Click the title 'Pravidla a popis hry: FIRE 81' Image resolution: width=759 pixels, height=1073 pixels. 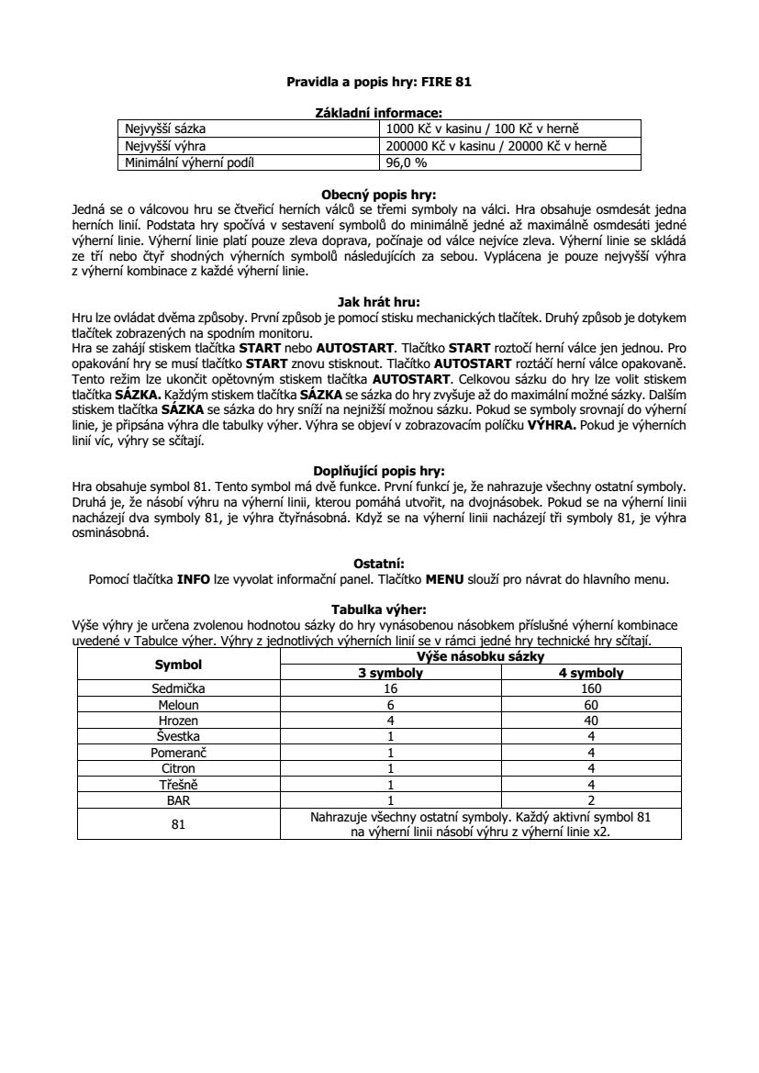[x=379, y=82]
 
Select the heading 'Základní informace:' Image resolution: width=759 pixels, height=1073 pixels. [x=379, y=111]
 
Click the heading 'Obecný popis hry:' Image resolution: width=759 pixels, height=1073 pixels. [x=379, y=195]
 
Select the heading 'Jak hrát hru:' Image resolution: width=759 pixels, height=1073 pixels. [x=379, y=299]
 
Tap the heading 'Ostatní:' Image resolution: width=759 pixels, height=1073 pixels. [x=379, y=563]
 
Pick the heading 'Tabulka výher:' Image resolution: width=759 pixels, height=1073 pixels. [x=379, y=609]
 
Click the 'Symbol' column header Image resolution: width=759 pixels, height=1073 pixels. [x=178, y=664]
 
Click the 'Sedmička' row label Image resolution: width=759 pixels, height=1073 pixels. [x=178, y=687]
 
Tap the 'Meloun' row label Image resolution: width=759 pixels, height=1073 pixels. [x=178, y=704]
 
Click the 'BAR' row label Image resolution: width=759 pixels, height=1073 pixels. [x=178, y=799]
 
